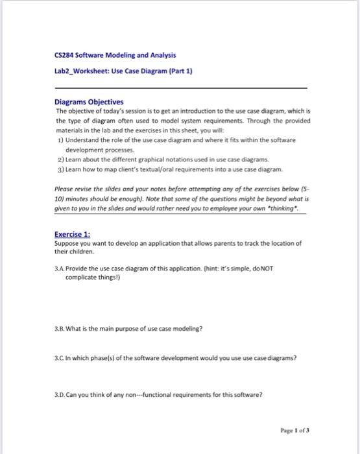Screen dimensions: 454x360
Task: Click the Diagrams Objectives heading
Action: click(90, 102)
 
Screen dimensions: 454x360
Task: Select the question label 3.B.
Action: click(61, 328)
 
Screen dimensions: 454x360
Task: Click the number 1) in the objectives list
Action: click(59, 139)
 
